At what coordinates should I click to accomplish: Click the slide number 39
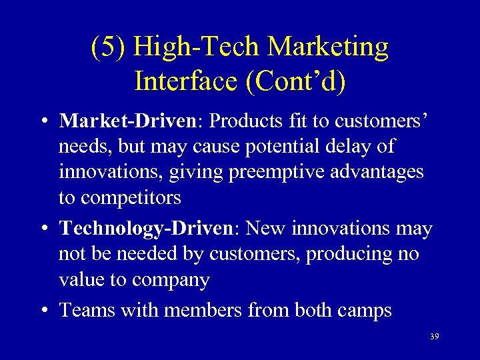[x=434, y=337]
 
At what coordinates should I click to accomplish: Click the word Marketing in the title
[x=328, y=47]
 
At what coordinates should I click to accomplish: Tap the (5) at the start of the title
[x=109, y=47]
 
